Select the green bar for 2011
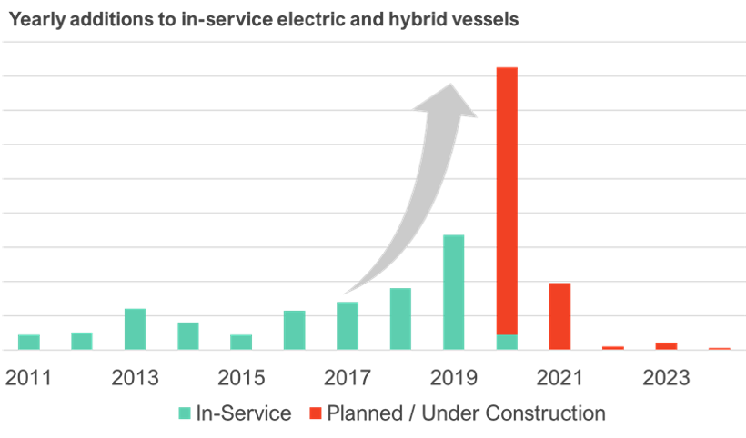click(29, 342)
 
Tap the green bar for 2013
click(135, 328)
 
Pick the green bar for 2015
click(241, 342)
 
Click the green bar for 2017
click(348, 325)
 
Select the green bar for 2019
click(453, 292)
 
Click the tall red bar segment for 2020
click(507, 200)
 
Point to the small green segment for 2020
click(507, 342)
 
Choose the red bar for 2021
click(559, 316)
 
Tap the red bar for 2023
click(666, 345)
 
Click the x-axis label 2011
click(28, 378)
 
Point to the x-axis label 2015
click(241, 378)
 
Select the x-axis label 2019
click(453, 378)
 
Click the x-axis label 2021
click(559, 378)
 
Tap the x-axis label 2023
click(666, 378)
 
